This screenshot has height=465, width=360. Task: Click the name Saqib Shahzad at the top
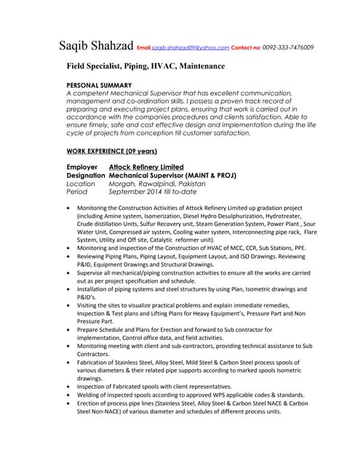point(95,47)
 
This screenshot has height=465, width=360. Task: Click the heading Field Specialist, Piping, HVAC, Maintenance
point(145,66)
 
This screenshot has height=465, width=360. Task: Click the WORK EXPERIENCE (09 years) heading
point(111,150)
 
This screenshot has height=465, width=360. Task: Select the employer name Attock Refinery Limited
point(145,167)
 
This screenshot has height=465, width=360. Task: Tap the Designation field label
point(86,176)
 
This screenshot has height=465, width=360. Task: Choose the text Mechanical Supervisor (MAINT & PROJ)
point(172,176)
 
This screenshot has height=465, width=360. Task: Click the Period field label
point(76,193)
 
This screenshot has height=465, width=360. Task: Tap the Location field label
point(81,185)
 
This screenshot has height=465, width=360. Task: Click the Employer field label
point(82,167)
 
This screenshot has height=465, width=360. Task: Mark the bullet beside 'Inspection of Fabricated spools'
point(68,387)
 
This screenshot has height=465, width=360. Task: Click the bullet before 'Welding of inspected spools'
point(68,396)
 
